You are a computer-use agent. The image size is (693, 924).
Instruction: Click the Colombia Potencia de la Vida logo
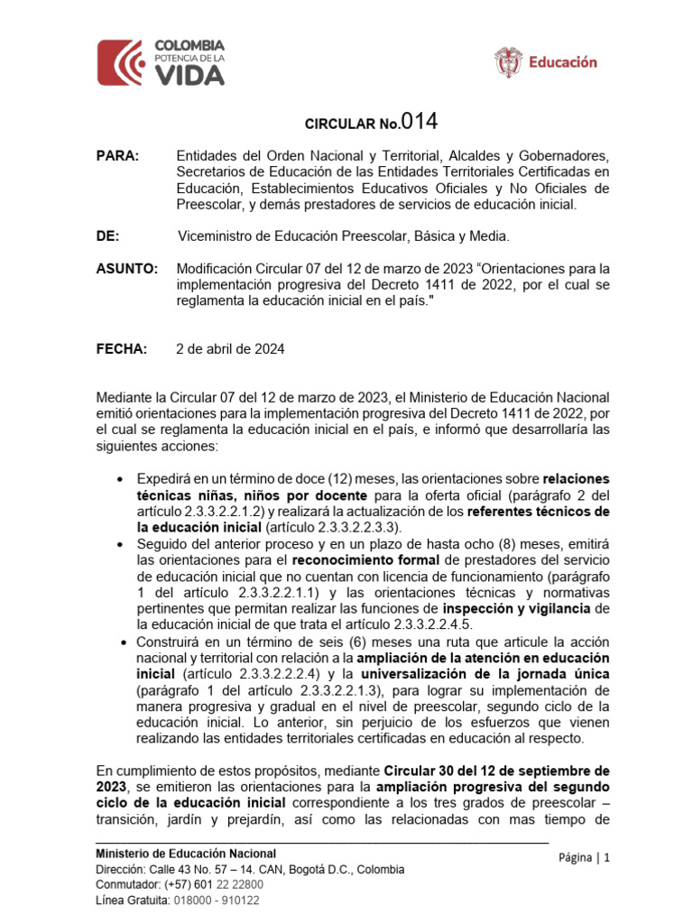coord(161,62)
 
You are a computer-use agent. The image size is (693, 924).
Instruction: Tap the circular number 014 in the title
coord(420,122)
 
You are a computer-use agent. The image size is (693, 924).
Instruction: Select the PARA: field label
coord(117,156)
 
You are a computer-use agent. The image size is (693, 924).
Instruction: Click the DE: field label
coord(107,236)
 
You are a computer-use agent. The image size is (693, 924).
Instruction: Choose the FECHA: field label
coord(121,349)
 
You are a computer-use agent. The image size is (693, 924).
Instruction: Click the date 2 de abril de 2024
coord(230,349)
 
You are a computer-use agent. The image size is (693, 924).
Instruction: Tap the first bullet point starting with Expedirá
coord(122,478)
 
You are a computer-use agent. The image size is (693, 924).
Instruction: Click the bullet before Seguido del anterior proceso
coord(122,544)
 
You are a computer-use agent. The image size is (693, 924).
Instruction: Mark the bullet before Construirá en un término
coord(122,642)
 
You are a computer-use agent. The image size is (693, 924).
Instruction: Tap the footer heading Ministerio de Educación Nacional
coord(187,854)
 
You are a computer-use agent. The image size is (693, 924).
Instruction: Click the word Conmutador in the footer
coord(127,884)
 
